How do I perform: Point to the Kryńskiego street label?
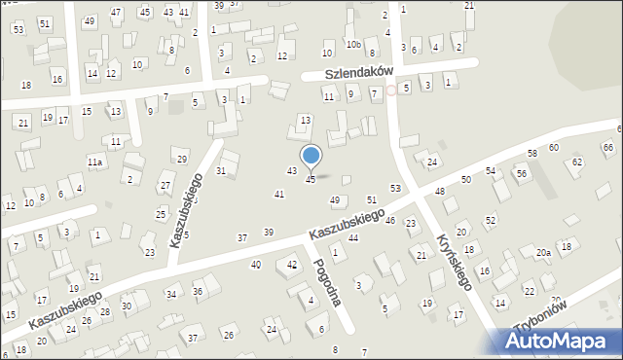point(455,261)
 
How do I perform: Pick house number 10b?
point(354,45)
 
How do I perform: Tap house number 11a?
point(94,162)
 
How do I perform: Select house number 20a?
point(542,253)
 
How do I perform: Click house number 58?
point(532,154)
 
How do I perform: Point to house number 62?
point(577,162)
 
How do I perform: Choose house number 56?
point(522,173)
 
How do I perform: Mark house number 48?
point(440,192)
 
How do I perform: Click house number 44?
point(353,237)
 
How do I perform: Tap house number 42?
point(292,265)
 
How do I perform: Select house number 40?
point(256,265)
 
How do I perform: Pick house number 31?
point(221,171)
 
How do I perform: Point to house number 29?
point(181,159)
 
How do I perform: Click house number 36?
point(198,291)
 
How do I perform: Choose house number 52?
point(490,221)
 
